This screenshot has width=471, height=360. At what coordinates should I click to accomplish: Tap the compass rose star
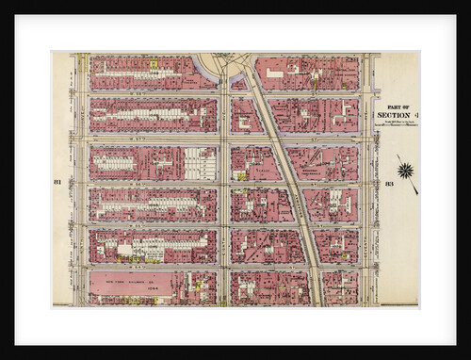tap(405, 171)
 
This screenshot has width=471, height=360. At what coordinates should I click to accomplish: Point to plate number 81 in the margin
tap(57, 181)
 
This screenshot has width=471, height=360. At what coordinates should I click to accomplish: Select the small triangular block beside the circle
tap(239, 83)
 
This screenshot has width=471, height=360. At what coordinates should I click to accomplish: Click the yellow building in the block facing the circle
tap(153, 65)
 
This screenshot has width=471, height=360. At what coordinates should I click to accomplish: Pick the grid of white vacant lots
tap(199, 163)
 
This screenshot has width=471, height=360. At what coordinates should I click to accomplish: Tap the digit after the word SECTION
tap(415, 114)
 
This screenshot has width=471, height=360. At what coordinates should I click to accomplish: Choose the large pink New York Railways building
tap(131, 284)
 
